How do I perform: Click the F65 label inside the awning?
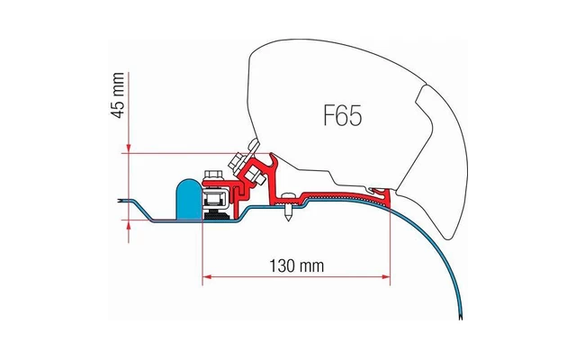point(343,116)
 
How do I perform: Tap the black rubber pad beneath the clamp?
point(216,217)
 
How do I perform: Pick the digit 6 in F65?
point(344,116)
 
